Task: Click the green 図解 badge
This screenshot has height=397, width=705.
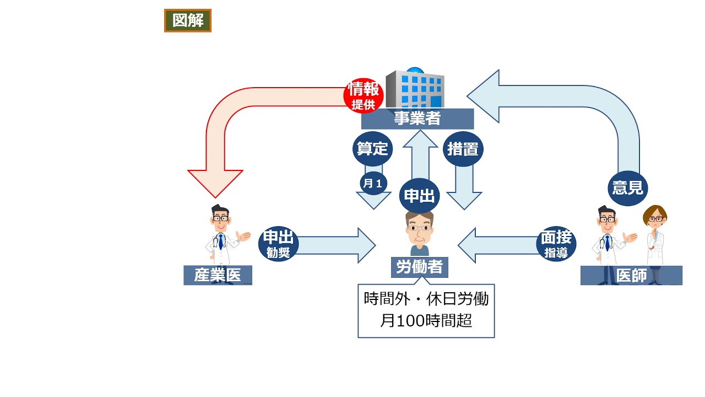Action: (x=187, y=21)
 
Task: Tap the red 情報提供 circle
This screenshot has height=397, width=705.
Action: (x=363, y=95)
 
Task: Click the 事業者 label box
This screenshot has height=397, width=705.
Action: (x=417, y=119)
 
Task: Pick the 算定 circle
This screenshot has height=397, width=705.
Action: (x=372, y=148)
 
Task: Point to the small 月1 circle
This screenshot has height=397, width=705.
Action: (x=373, y=183)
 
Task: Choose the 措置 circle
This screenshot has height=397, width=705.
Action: (x=463, y=149)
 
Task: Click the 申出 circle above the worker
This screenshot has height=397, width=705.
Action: (x=419, y=196)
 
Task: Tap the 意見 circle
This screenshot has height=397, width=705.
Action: (x=628, y=188)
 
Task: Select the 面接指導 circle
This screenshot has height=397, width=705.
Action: (x=556, y=244)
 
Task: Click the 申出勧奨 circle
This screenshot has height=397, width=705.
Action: (x=279, y=244)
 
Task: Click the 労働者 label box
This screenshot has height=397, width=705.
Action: (x=419, y=267)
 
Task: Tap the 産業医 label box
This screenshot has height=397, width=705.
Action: (x=217, y=275)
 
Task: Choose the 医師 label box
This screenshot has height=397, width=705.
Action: (x=631, y=275)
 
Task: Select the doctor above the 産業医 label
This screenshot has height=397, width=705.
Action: (x=221, y=234)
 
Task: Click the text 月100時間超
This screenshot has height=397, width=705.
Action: (x=426, y=320)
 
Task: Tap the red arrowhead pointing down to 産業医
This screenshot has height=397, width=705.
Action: (x=215, y=183)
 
